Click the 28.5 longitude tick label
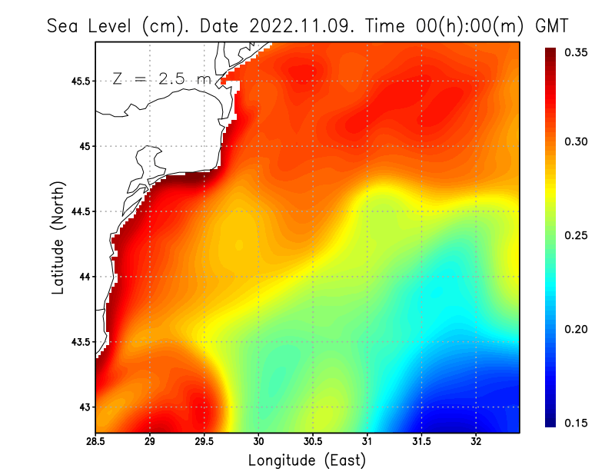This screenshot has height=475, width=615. [x=95, y=441]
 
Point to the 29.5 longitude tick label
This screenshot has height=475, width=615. [x=204, y=441]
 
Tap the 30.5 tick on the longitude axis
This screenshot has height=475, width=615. [x=313, y=441]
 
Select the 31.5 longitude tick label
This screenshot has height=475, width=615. [x=421, y=441]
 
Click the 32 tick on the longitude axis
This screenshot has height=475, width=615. [x=477, y=441]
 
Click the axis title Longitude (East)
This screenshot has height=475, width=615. [x=307, y=461]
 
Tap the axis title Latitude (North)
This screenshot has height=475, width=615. [x=58, y=237]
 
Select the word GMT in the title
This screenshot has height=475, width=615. [x=551, y=25]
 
